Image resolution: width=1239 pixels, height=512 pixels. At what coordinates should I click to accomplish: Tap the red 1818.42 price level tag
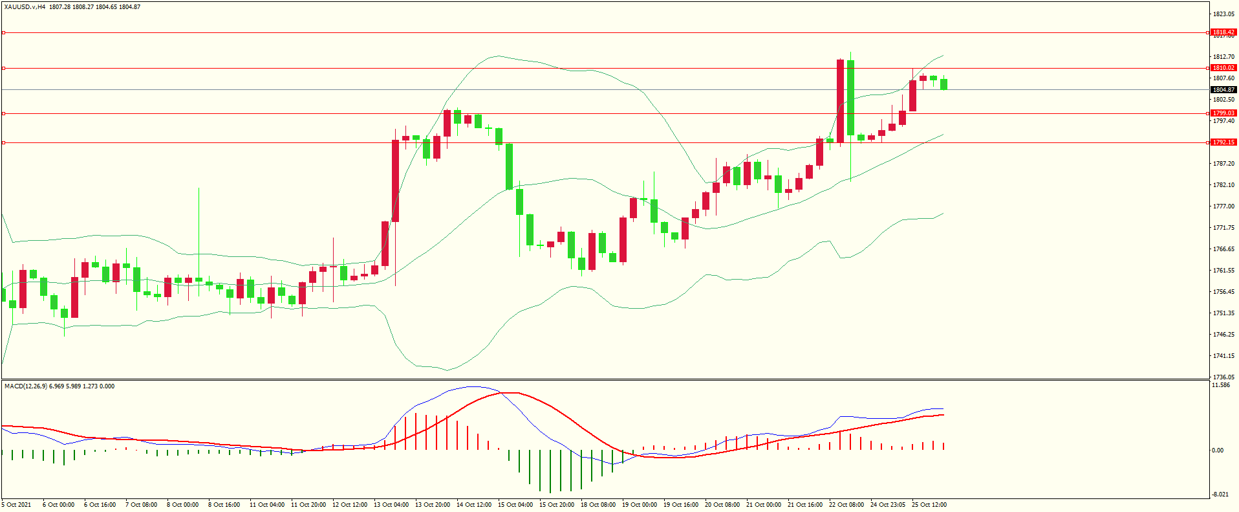point(1223,32)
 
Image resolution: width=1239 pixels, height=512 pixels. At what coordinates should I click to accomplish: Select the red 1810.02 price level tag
point(1223,68)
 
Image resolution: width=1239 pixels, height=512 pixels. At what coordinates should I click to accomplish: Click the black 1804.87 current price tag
point(1223,90)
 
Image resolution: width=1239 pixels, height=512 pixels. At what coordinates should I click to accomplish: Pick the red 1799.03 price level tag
point(1223,113)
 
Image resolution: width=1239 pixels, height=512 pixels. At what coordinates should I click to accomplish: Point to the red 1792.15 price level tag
point(1223,142)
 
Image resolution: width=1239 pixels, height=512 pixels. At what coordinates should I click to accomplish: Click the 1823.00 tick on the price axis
point(1223,14)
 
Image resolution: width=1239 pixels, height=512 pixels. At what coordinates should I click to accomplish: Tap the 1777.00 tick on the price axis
point(1223,206)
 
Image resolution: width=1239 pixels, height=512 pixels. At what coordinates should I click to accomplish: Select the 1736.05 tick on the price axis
point(1223,377)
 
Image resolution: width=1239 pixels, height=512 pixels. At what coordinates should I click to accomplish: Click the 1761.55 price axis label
point(1223,271)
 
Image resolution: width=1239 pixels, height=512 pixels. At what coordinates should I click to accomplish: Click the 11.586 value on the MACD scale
point(1221,385)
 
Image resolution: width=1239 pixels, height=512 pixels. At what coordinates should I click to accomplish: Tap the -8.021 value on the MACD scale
point(1221,495)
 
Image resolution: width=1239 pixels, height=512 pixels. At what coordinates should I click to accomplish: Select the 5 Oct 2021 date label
point(16,505)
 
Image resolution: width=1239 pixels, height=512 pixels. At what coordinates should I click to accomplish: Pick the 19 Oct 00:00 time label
point(640,505)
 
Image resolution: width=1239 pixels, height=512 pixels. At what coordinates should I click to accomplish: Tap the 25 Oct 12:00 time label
point(929,505)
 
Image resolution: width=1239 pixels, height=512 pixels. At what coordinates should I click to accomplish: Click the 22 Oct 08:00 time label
point(846,505)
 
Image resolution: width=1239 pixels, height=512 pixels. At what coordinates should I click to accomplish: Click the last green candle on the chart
point(944,84)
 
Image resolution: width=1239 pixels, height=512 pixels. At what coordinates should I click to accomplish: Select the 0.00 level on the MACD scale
point(1218,451)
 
